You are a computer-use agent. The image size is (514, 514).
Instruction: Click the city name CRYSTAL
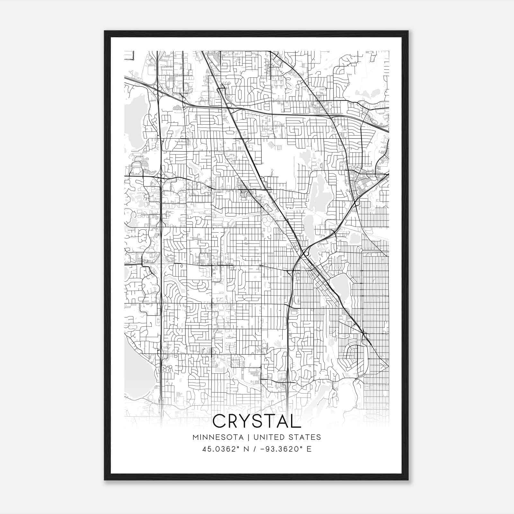click(x=257, y=421)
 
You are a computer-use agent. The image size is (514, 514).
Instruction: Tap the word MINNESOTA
click(x=220, y=437)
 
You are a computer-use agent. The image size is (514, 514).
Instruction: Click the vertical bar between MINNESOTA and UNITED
click(x=250, y=437)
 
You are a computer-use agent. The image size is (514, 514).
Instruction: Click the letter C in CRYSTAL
click(x=219, y=421)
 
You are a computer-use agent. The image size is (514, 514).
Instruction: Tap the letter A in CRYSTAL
click(x=285, y=421)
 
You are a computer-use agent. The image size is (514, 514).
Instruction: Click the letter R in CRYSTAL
click(x=235, y=421)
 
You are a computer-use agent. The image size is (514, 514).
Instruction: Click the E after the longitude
click(x=309, y=449)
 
